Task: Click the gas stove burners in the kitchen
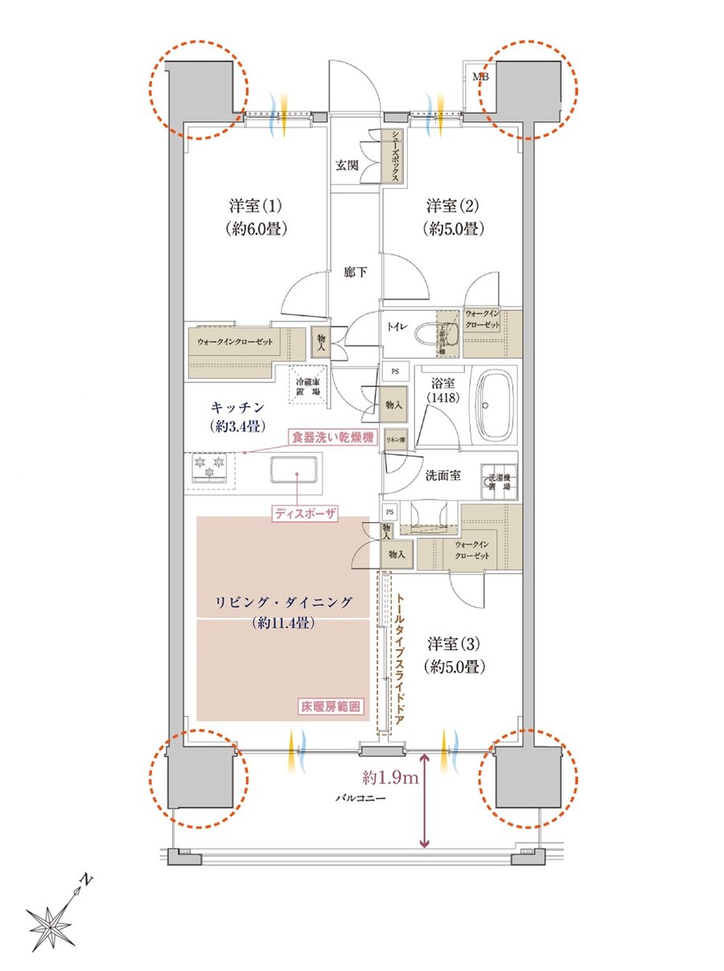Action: pyautogui.click(x=212, y=469)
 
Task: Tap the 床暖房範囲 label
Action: pyautogui.click(x=330, y=707)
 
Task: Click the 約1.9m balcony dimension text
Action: pyautogui.click(x=389, y=778)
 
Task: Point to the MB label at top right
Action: pyautogui.click(x=480, y=77)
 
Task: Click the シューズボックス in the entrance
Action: pyautogui.click(x=392, y=157)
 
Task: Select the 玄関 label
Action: pyautogui.click(x=348, y=166)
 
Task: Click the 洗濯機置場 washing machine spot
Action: pyautogui.click(x=499, y=482)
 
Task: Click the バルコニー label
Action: pyautogui.click(x=361, y=800)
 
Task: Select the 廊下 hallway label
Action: pyautogui.click(x=356, y=273)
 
